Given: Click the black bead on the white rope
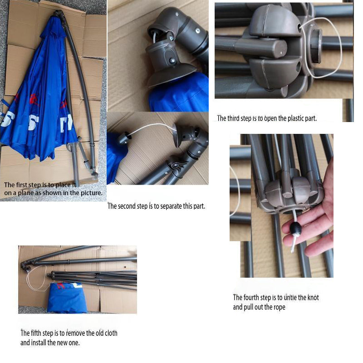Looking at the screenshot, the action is pos(295,229).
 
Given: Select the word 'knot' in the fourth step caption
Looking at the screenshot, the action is pos(313,297).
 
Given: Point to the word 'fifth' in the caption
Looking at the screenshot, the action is pos(36,333).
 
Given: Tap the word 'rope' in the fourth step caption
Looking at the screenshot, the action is pos(280,307).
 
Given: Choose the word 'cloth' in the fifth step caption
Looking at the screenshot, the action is pos(111,333).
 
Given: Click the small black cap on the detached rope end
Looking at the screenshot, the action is pos(124,138).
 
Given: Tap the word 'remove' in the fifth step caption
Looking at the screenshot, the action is pos(75,333).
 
